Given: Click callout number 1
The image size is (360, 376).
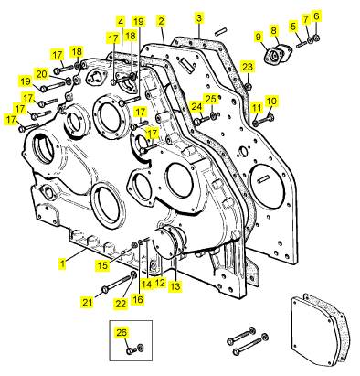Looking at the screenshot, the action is pos(62,263).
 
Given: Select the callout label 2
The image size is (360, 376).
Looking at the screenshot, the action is pos(161,21).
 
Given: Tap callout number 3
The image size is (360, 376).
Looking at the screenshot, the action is pos(199,17).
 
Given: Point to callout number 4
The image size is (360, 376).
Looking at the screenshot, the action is pos(121,22).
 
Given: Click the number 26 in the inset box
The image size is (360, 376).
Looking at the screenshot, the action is pos(122,333).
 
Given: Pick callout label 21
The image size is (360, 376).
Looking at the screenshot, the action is pos(88,302).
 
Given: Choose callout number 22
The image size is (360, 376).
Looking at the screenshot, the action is pos(121,304).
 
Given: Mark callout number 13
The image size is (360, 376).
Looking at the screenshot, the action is pos(175,286).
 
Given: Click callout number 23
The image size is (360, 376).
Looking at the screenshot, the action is pos(248,67).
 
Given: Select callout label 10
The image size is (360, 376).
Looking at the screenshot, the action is pos(271,101).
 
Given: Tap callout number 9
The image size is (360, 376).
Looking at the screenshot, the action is pos(259,37).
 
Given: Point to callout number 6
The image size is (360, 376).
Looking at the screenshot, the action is pos(316,16).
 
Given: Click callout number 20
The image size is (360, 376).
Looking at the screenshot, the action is pos(42,74).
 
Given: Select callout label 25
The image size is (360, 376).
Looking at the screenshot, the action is pos(211,99).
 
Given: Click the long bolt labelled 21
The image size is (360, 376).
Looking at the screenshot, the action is pos(118,283).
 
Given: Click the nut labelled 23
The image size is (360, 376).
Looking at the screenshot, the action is pos(248,86).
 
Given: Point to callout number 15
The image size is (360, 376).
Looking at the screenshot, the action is pos(102,265).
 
